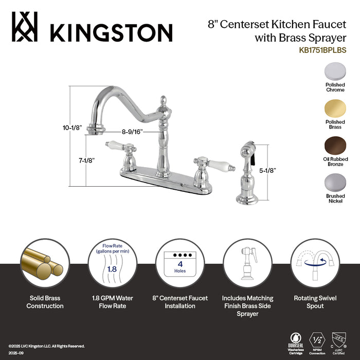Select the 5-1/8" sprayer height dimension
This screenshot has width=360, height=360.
268,169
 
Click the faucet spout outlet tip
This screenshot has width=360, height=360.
93,129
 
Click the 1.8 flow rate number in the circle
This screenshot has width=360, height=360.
111,268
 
